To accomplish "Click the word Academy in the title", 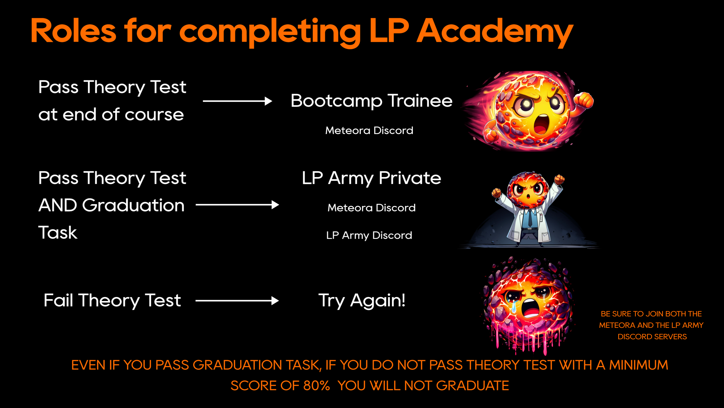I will pos(495,31).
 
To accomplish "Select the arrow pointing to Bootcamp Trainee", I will pos(237,101).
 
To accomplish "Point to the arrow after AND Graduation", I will pos(237,204).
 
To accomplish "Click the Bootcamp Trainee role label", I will pos(371,101).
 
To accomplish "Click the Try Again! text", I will pos(362,300).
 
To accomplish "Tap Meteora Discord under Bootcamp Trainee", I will pos(369,131).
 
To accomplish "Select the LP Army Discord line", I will pos(369,235).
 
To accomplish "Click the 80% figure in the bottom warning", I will pos(316,386).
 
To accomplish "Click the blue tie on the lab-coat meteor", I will pos(530,218).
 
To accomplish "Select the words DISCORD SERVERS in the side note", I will pos(652,337).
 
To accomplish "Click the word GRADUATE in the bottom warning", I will pos(472,386).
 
